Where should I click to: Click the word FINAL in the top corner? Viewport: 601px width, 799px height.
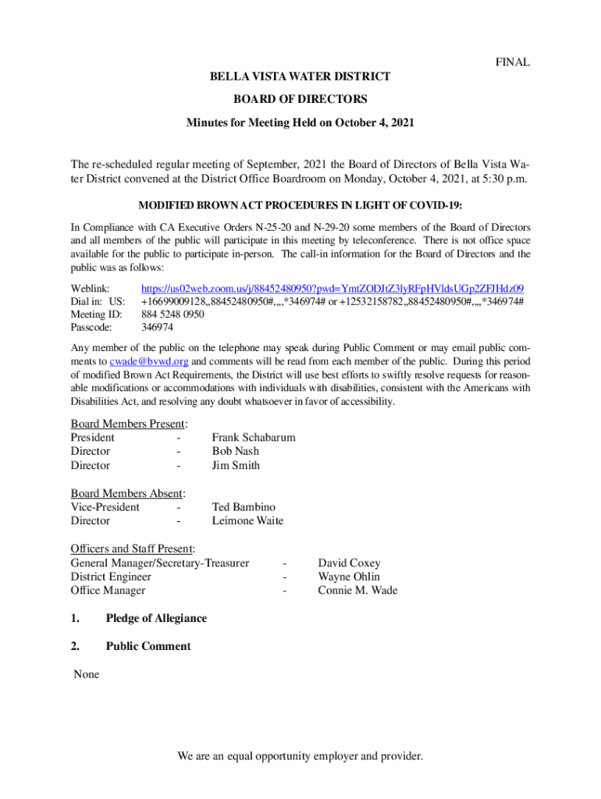click(513, 62)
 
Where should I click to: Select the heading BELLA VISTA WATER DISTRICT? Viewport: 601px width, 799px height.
click(300, 76)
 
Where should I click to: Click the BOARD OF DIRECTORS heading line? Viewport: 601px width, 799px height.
click(300, 99)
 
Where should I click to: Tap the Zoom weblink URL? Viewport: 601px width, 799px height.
click(332, 288)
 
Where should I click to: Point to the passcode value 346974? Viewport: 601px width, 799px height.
click(158, 328)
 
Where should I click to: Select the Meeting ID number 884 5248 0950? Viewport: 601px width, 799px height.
click(172, 314)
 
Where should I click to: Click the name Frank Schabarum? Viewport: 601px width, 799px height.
click(253, 438)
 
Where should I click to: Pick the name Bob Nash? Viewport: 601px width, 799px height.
click(235, 451)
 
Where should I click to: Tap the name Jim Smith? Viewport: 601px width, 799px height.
click(236, 465)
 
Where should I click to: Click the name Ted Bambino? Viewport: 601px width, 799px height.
click(244, 507)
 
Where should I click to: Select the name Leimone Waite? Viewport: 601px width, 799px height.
click(247, 520)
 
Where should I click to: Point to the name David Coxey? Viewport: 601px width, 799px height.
click(349, 563)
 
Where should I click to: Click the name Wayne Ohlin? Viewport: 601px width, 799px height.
click(349, 577)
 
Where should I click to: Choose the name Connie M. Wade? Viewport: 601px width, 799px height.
click(357, 590)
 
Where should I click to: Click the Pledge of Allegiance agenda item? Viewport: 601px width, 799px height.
click(156, 619)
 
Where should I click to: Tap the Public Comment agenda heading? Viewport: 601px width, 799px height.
click(148, 646)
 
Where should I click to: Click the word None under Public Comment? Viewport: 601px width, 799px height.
click(86, 673)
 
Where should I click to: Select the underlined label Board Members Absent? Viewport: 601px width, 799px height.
click(127, 493)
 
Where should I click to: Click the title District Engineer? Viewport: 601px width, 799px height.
click(111, 577)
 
